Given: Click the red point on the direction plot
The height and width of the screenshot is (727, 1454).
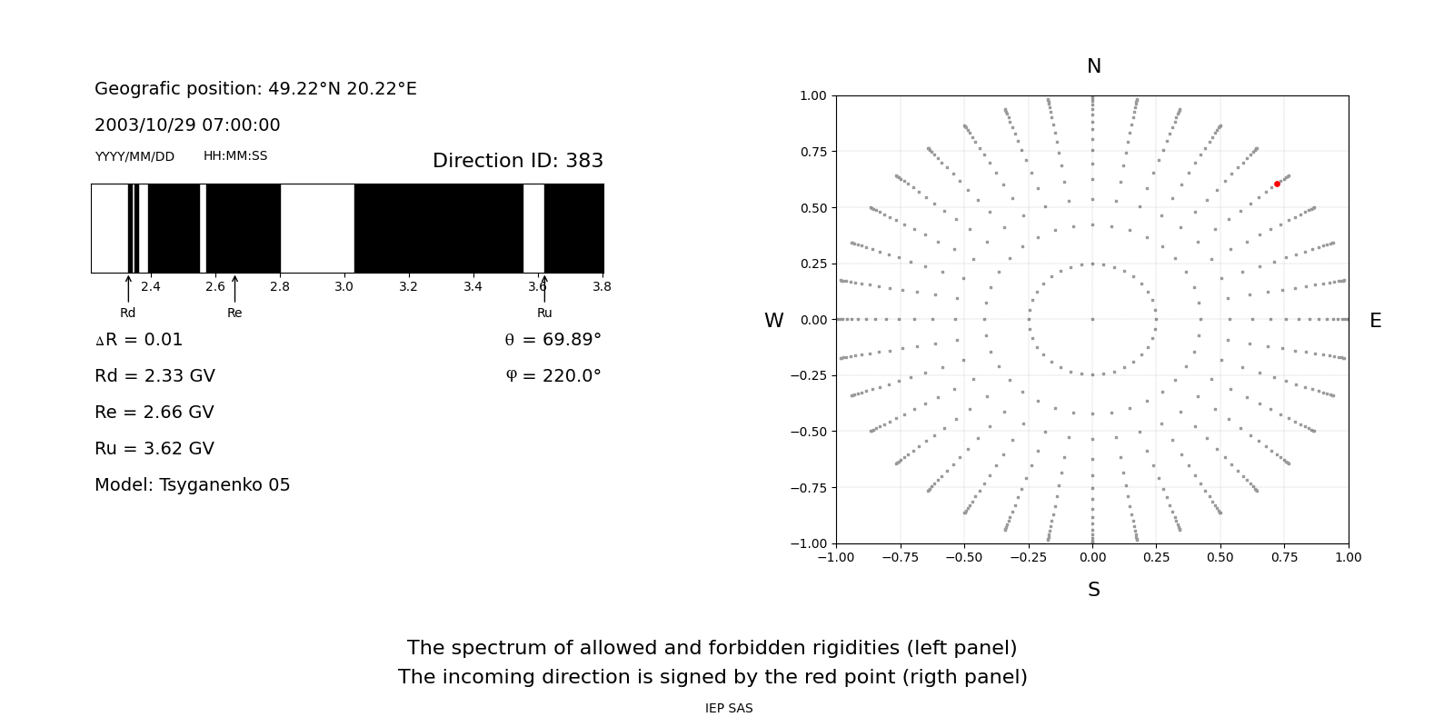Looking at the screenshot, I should point(1277,184).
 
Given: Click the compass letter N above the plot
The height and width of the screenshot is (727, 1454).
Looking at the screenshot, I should point(1094,66).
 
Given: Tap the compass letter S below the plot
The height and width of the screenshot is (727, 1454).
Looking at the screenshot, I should point(1094,590).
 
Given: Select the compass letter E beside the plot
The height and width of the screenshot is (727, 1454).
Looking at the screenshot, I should point(1375,321).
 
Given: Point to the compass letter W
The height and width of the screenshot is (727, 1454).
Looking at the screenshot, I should point(773,321).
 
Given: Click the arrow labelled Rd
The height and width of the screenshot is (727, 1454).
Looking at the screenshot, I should point(128,289).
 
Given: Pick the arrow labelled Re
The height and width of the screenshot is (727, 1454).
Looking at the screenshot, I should point(234,289).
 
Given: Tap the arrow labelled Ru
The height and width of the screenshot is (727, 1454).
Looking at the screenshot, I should point(544,289).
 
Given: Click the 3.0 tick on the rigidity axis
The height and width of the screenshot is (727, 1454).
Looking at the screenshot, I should point(344,286).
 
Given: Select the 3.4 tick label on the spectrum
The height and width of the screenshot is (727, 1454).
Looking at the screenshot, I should point(473,286).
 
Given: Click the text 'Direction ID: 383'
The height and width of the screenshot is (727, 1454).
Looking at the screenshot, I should point(518,161).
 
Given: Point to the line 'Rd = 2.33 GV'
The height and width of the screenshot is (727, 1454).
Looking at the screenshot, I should point(154,376).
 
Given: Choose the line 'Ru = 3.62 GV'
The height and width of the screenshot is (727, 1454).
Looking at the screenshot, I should point(154,449).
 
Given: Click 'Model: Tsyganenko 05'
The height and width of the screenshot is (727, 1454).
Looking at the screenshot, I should point(193,485).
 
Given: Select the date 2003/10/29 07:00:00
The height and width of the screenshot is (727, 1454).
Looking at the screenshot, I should point(187,125).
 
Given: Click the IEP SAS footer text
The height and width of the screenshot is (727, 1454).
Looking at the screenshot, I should point(729,709).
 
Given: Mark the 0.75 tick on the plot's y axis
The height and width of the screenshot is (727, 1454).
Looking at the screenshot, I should point(812,152).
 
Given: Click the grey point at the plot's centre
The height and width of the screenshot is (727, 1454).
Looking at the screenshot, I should point(1092,319).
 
